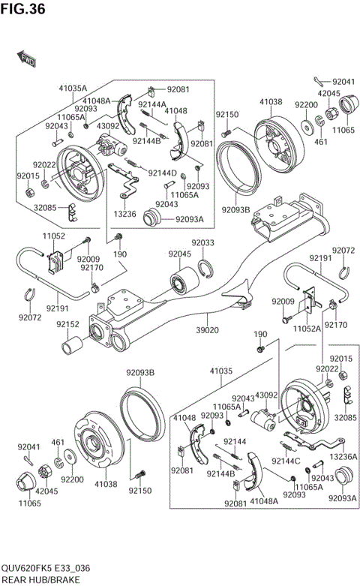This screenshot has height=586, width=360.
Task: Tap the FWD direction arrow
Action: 27,57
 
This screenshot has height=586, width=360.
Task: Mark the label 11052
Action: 53,236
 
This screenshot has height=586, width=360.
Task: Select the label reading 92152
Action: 68,324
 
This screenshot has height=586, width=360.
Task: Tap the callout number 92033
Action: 202,242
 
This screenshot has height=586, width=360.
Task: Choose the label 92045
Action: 180,254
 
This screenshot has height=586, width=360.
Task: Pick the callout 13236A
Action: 343,456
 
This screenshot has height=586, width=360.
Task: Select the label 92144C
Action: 285,461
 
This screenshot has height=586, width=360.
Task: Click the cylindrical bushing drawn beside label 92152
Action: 73,347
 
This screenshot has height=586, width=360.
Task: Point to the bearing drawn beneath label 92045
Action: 182,281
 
